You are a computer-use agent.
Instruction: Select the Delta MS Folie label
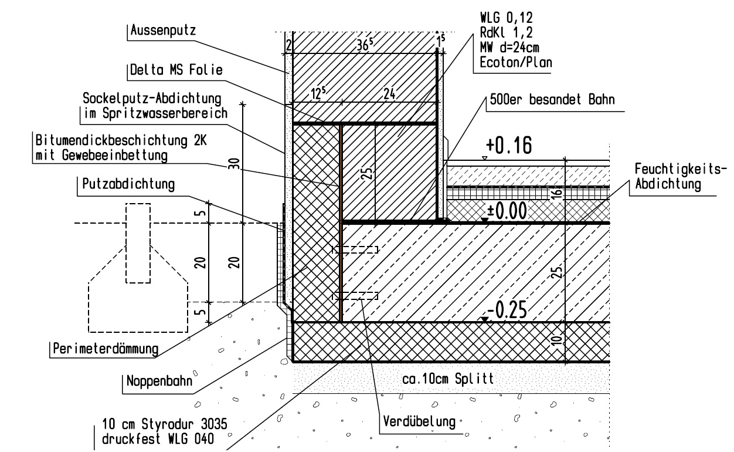click(x=176, y=70)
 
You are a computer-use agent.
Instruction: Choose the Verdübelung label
click(x=419, y=421)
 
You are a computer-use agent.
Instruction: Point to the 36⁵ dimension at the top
click(x=367, y=42)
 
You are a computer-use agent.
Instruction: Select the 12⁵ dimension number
click(x=317, y=94)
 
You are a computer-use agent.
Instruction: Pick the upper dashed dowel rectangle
click(x=355, y=249)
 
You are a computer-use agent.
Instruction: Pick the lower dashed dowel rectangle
click(x=355, y=296)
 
